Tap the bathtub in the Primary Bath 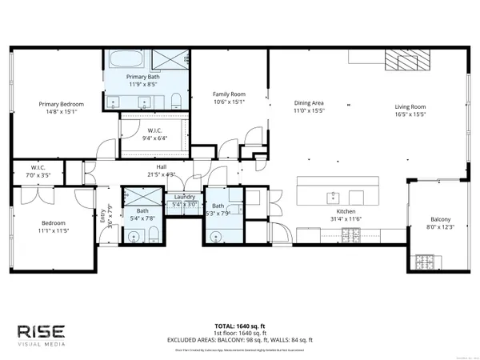125,60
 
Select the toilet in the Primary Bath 175,99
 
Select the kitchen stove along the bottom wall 350,234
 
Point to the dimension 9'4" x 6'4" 154,138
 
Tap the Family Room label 227,94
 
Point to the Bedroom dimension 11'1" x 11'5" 54,230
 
